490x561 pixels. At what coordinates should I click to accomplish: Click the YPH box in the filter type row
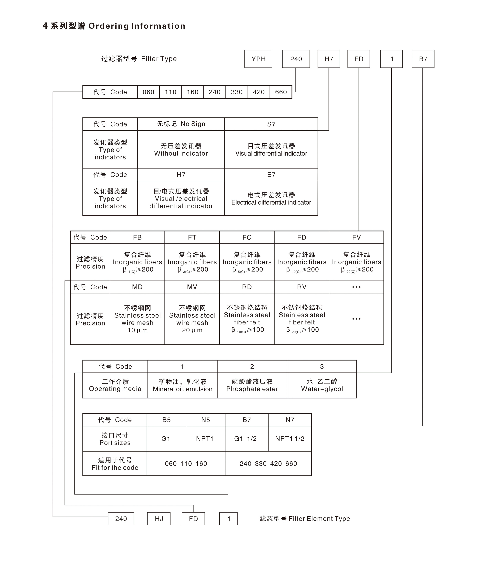click(258, 59)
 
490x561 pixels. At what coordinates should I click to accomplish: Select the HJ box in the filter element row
click(159, 519)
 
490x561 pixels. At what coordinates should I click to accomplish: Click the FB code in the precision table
click(137, 237)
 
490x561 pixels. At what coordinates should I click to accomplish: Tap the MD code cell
click(137, 287)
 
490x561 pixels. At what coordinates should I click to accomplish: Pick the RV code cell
click(302, 287)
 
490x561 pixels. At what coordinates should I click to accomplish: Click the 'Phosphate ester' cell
click(252, 385)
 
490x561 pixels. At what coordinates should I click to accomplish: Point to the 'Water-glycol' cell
click(322, 385)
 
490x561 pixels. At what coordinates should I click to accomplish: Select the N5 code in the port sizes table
click(205, 420)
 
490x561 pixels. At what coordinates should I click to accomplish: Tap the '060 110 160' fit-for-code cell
click(186, 463)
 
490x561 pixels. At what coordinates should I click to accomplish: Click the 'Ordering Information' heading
click(137, 26)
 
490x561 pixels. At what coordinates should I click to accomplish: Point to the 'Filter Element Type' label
click(305, 519)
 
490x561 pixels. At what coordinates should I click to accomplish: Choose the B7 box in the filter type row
click(423, 59)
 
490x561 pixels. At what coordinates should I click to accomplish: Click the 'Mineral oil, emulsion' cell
click(182, 385)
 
